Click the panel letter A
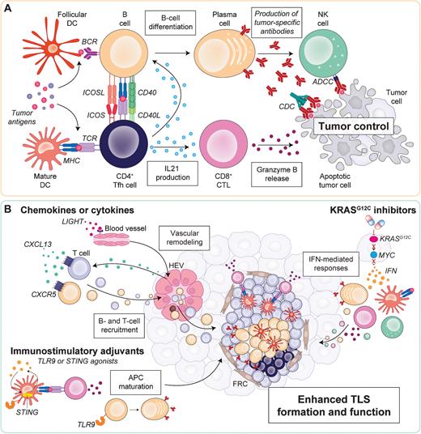point(7,7)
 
